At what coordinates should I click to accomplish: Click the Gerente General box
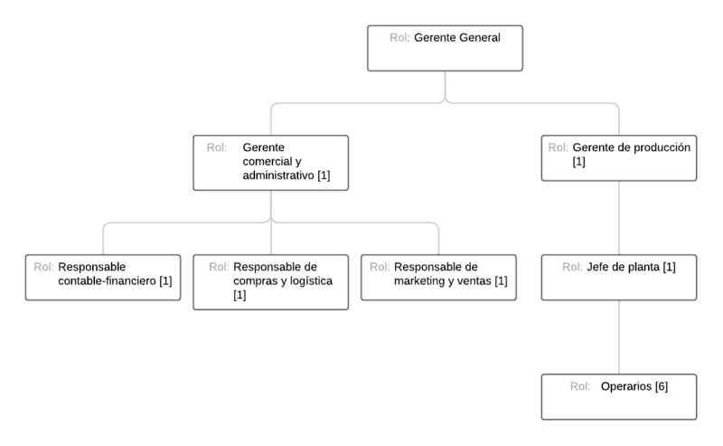coord(445,49)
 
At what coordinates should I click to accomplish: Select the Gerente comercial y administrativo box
coord(271,162)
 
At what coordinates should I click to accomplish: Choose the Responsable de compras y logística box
coord(271,281)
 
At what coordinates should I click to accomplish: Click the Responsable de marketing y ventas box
coord(438,276)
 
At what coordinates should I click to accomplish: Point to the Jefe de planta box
coord(619,276)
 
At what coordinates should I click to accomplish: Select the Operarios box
coord(619,396)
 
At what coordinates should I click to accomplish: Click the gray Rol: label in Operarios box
coord(581,386)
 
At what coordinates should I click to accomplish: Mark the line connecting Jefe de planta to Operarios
coord(619,337)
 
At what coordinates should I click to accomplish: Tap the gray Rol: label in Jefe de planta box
coord(572,267)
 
